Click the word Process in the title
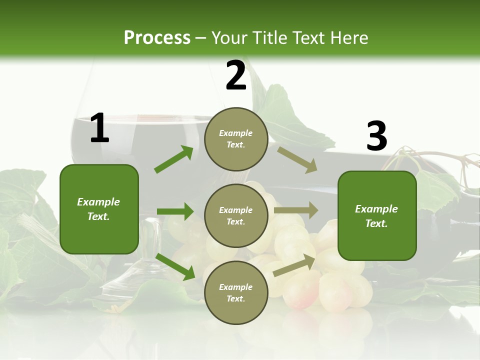pyautogui.click(x=157, y=37)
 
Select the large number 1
pyautogui.click(x=99, y=128)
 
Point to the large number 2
pyautogui.click(x=236, y=75)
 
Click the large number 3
pyautogui.click(x=376, y=136)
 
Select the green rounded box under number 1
pyautogui.click(x=99, y=235)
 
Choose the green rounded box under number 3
pyautogui.click(x=377, y=242)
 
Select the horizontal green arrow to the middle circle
pyautogui.click(x=175, y=211)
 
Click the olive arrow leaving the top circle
pyautogui.click(x=297, y=160)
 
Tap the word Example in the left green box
pyautogui.click(x=98, y=202)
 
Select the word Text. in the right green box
pyautogui.click(x=376, y=223)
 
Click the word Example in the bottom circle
pyautogui.click(x=236, y=287)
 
